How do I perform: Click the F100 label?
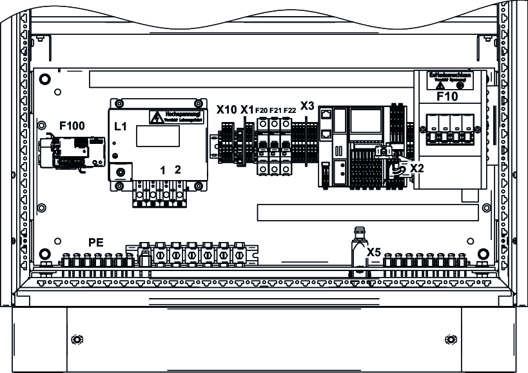(x=72, y=125)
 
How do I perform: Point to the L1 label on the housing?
(x=121, y=126)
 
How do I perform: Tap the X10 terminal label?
(x=226, y=109)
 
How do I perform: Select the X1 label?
(x=247, y=109)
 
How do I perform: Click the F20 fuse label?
(x=262, y=110)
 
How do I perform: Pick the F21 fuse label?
(x=275, y=110)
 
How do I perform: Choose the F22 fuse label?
(x=289, y=110)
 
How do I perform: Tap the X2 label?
(x=417, y=168)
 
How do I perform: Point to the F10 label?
(x=447, y=97)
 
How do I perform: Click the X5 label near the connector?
(x=374, y=252)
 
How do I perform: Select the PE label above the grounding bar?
(x=95, y=243)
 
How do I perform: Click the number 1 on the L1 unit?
(x=164, y=170)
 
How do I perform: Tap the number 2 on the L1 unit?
(x=178, y=170)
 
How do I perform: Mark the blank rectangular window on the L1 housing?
(x=157, y=136)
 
